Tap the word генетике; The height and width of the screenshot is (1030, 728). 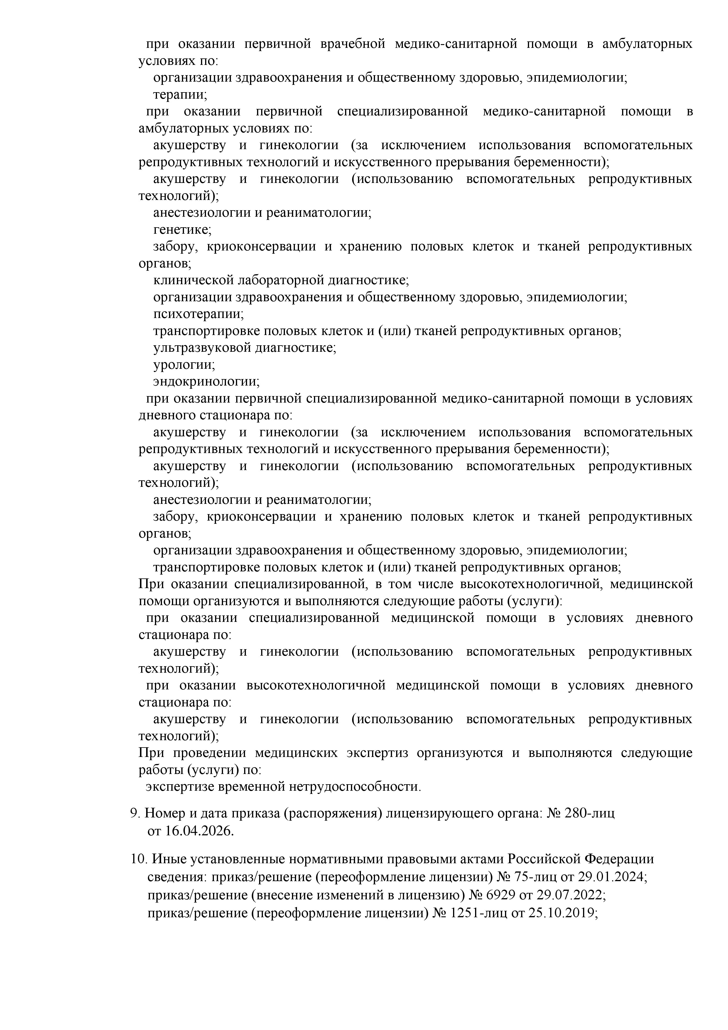click(182, 230)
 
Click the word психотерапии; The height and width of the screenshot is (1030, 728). click(199, 314)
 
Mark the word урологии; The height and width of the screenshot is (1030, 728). click(184, 365)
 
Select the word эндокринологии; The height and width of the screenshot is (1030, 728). click(206, 381)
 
